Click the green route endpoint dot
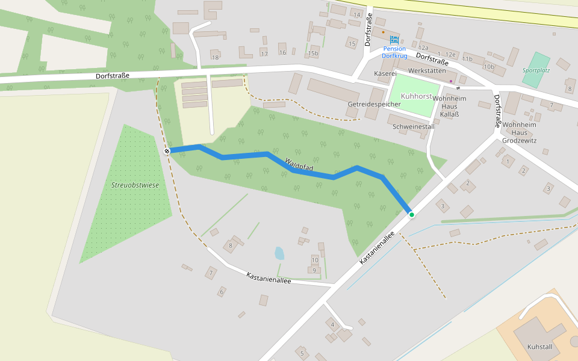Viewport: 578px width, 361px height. (x=412, y=214)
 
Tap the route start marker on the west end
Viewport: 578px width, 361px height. (x=167, y=151)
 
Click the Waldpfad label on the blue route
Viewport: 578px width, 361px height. (x=299, y=164)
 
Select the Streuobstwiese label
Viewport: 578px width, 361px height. (x=135, y=185)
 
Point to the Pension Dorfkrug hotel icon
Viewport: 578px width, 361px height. (x=394, y=40)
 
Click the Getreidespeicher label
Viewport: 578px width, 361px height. (x=374, y=104)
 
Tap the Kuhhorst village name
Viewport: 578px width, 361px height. (x=416, y=96)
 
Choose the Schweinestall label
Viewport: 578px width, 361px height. (x=413, y=126)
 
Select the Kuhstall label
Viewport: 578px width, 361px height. (x=539, y=347)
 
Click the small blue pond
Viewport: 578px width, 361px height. (x=279, y=253)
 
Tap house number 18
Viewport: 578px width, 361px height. (x=215, y=57)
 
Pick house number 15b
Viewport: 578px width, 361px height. (x=312, y=54)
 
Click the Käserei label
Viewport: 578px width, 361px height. (x=384, y=73)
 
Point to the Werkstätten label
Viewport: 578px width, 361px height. (x=427, y=70)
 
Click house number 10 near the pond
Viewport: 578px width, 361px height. (x=314, y=261)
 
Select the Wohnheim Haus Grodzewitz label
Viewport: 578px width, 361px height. (x=519, y=132)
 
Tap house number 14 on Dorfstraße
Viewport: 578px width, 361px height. (x=356, y=14)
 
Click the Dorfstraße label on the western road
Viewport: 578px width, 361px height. (x=113, y=76)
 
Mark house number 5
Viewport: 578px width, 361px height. (x=302, y=353)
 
